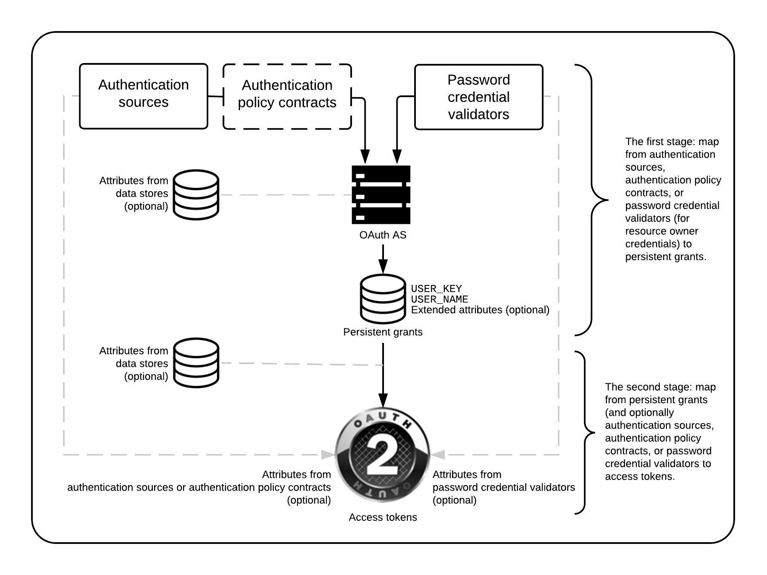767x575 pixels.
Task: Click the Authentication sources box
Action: pyautogui.click(x=143, y=96)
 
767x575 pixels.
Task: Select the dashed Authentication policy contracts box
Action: pyautogui.click(x=287, y=97)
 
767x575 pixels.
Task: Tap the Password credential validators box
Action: pyautogui.click(x=478, y=97)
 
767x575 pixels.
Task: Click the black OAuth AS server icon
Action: pyautogui.click(x=381, y=195)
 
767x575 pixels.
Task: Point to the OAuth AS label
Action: pyautogui.click(x=383, y=235)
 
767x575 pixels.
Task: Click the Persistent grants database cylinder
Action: pyautogui.click(x=383, y=299)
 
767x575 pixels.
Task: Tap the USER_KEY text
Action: pyautogui.click(x=436, y=289)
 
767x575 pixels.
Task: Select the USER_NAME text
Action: pyautogui.click(x=439, y=299)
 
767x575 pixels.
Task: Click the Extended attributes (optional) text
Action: pyautogui.click(x=480, y=310)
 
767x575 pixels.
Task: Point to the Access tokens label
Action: pyautogui.click(x=383, y=517)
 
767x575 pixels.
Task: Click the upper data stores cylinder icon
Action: pyautogui.click(x=196, y=195)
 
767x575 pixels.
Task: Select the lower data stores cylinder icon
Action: pyautogui.click(x=196, y=363)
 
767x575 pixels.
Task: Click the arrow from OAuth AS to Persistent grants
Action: pyautogui.click(x=383, y=260)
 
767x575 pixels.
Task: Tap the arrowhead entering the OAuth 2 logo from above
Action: pyautogui.click(x=383, y=400)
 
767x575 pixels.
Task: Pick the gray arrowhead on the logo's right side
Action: pyautogui.click(x=438, y=455)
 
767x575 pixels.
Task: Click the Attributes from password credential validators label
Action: pyautogui.click(x=503, y=487)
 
